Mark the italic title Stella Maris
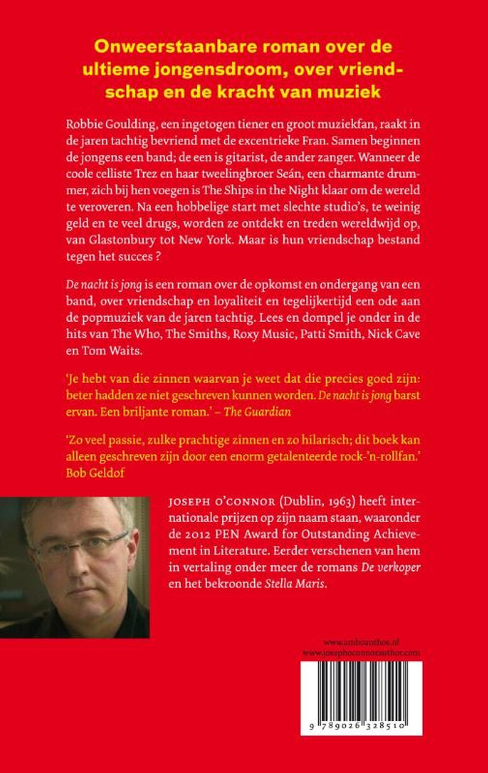tap(295, 583)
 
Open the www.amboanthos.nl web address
tap(370, 642)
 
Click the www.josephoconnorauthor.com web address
tap(361, 652)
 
